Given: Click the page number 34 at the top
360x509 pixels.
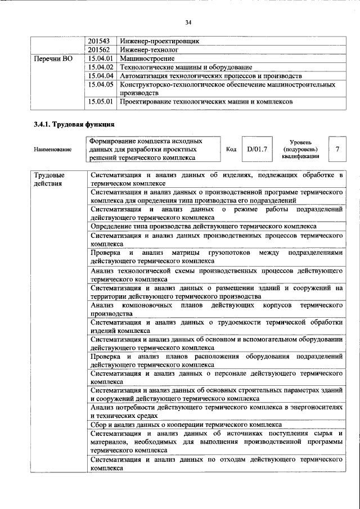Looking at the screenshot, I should point(188,22).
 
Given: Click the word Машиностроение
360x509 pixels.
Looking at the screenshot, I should point(144,58).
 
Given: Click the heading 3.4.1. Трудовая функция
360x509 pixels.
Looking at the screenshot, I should point(74,125).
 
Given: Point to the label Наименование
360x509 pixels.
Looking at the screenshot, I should point(52,150).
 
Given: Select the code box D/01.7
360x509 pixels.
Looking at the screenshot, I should point(256,150).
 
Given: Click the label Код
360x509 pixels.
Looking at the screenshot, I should point(231,150).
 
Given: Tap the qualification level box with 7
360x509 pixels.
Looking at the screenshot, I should point(337,150).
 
